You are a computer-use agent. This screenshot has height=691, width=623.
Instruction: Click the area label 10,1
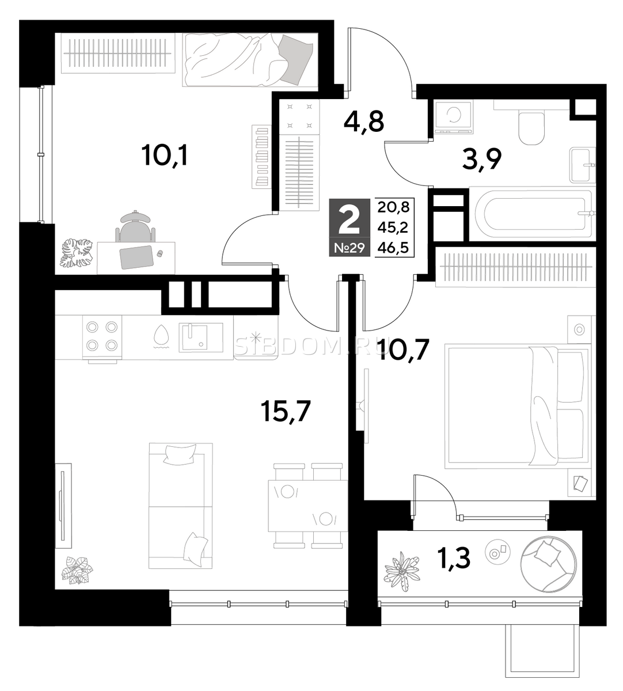[164, 155]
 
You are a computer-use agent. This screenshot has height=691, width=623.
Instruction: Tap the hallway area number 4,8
[364, 122]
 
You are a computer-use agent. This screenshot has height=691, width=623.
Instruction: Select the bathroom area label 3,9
[481, 160]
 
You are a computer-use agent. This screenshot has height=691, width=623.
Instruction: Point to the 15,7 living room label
[286, 411]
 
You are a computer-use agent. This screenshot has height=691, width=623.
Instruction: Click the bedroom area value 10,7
[403, 350]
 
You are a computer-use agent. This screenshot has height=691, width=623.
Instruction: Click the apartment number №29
[350, 248]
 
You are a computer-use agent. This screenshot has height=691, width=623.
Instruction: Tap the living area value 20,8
[393, 207]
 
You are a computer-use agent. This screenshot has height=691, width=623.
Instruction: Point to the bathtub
[533, 214]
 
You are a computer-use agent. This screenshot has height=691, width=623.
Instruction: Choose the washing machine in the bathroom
[453, 117]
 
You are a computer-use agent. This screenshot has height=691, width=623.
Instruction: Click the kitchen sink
[200, 337]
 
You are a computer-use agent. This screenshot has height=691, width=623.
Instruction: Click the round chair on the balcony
[547, 564]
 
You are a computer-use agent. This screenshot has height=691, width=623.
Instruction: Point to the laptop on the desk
[136, 257]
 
